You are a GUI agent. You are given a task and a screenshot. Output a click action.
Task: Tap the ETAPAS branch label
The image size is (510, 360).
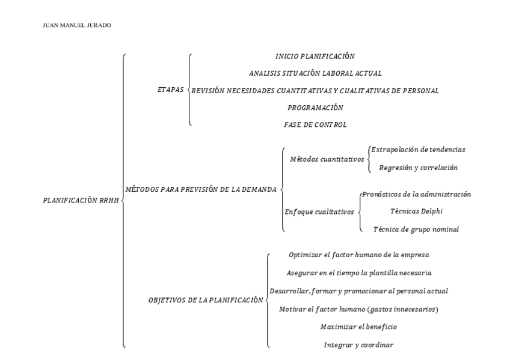(x=170, y=90)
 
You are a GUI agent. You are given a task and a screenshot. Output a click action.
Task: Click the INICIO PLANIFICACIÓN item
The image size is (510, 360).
(x=315, y=56)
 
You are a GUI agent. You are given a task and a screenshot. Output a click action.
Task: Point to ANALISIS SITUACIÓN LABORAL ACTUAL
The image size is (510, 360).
(x=315, y=73)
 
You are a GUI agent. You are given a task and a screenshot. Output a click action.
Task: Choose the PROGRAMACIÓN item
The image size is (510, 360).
(x=315, y=108)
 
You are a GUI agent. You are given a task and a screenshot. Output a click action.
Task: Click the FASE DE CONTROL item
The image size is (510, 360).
(x=315, y=124)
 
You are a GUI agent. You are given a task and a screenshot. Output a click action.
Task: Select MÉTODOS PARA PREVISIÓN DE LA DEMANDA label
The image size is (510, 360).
(x=200, y=189)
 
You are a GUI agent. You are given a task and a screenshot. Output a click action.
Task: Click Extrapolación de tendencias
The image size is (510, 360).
(x=418, y=149)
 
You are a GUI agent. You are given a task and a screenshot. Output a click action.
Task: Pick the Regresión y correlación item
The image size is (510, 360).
(x=418, y=168)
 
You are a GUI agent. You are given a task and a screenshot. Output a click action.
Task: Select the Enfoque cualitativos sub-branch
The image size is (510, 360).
(x=319, y=212)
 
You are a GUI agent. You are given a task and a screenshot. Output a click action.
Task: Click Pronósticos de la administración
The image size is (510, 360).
(x=416, y=194)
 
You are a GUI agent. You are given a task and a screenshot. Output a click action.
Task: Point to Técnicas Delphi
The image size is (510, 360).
(x=417, y=211)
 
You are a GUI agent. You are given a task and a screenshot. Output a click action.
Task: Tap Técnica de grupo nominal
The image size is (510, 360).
(x=416, y=229)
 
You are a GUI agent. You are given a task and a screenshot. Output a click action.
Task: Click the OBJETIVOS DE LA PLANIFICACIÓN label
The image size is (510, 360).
(x=206, y=299)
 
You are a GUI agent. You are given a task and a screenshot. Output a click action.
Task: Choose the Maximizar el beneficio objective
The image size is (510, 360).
(x=358, y=326)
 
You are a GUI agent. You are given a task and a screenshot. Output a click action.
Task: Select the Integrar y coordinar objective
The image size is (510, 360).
(x=358, y=344)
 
